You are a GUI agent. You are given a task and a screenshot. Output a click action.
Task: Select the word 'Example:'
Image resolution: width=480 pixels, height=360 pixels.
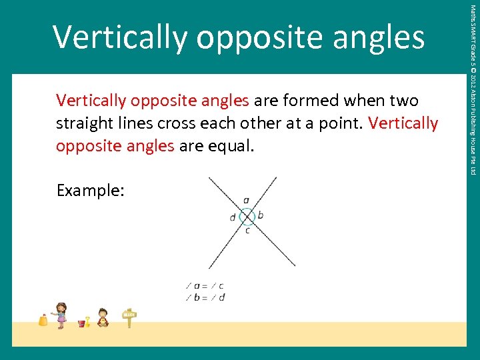click(x=90, y=191)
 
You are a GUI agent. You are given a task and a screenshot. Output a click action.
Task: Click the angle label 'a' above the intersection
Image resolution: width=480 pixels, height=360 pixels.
click(x=247, y=200)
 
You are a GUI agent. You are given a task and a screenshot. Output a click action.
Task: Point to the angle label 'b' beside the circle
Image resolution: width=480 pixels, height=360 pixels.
click(x=261, y=215)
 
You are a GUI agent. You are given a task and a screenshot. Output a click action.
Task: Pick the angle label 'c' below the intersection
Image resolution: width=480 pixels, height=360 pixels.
click(x=247, y=231)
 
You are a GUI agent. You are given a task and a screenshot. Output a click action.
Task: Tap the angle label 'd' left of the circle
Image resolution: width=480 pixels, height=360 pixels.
click(x=233, y=217)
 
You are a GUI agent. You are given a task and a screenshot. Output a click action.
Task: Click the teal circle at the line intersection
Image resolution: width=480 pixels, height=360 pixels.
click(x=247, y=216)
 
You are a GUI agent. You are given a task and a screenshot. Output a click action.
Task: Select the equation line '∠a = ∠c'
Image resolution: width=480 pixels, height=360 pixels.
click(x=205, y=286)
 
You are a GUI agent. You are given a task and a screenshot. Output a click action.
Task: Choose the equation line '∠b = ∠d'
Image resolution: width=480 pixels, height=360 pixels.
click(x=205, y=297)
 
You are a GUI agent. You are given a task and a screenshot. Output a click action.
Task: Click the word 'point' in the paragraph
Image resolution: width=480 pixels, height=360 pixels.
click(x=339, y=124)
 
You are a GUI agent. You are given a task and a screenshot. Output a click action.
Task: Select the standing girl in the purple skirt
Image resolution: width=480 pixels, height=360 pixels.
click(x=61, y=315)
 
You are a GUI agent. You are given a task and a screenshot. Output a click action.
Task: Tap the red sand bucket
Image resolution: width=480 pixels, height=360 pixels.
click(x=82, y=323)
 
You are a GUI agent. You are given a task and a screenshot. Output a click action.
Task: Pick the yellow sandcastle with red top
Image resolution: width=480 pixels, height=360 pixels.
click(x=43, y=320)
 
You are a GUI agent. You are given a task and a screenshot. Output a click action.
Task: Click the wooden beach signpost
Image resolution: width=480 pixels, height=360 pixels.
click(x=129, y=318)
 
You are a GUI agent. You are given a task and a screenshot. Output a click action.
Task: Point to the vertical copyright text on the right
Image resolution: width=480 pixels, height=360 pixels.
click(x=472, y=90)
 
